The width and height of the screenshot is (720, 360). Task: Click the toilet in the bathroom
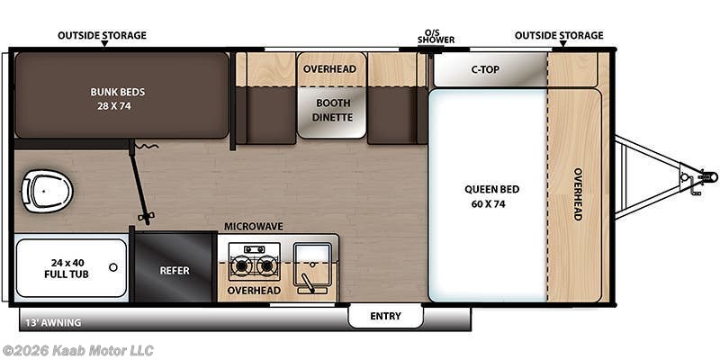(x=48, y=191)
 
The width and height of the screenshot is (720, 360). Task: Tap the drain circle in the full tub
(x=113, y=267)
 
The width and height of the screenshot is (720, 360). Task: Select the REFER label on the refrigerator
(x=175, y=271)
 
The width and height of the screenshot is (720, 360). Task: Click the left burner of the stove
(x=241, y=265)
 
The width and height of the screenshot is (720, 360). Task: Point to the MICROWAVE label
(x=253, y=227)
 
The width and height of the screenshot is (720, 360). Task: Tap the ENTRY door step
(x=386, y=316)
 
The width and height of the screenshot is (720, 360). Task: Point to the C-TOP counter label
(x=485, y=70)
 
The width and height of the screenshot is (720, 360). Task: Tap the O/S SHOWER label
(x=436, y=37)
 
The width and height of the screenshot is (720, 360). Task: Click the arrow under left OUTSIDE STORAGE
(x=104, y=43)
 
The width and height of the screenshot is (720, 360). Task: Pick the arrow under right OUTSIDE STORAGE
(x=561, y=43)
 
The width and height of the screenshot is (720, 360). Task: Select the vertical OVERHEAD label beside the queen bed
(x=578, y=193)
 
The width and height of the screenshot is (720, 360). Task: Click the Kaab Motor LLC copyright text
(x=77, y=351)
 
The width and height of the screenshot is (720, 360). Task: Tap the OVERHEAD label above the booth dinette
(x=329, y=69)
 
